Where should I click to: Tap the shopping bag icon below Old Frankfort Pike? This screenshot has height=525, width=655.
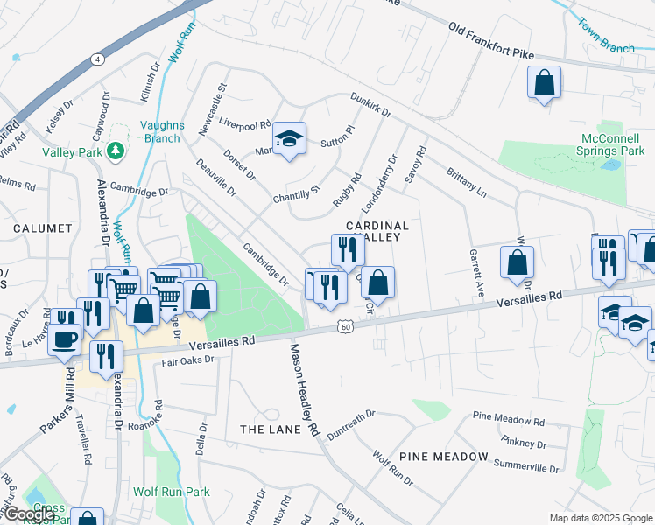coord(544,83)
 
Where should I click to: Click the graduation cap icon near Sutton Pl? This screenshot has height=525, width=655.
coord(289,139)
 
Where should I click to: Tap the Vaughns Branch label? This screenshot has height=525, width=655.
coord(162,131)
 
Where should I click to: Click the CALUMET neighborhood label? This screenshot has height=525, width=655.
coord(43,228)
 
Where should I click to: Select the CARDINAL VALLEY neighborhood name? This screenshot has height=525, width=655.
coord(377,232)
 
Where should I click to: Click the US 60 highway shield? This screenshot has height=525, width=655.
coord(346,326)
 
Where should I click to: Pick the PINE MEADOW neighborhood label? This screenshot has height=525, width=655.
coord(443,457)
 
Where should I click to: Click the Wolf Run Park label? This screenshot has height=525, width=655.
coord(172,492)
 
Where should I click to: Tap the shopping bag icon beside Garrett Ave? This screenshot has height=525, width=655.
coord(518,261)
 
